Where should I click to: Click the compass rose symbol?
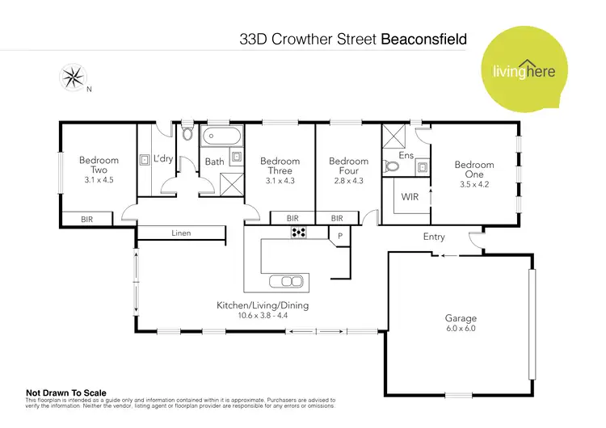73,78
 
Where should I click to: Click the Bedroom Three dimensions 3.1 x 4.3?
280,180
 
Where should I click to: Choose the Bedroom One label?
473,170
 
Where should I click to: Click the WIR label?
410,196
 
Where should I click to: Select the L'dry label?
163,159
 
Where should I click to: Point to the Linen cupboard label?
181,233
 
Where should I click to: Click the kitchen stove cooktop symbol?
299,233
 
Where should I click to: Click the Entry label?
434,237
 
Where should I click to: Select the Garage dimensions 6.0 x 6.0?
461,329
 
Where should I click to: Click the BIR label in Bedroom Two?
86,219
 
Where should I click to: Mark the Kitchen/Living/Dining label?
263,305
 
